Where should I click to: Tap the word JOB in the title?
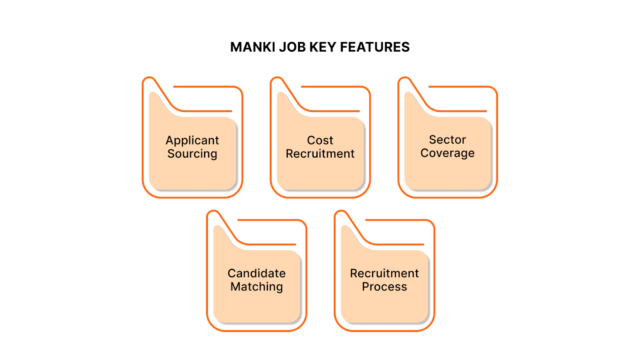click(x=295, y=47)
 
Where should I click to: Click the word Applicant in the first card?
click(x=192, y=141)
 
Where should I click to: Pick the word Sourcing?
click(x=192, y=155)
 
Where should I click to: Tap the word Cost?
click(x=320, y=141)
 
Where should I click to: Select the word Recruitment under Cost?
click(x=320, y=155)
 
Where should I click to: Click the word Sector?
click(x=448, y=140)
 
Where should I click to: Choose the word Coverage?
click(x=448, y=154)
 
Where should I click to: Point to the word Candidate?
click(x=256, y=273)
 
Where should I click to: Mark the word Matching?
click(x=256, y=287)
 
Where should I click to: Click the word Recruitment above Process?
click(x=384, y=273)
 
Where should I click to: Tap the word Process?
click(x=384, y=287)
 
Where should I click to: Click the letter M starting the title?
click(x=234, y=47)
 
